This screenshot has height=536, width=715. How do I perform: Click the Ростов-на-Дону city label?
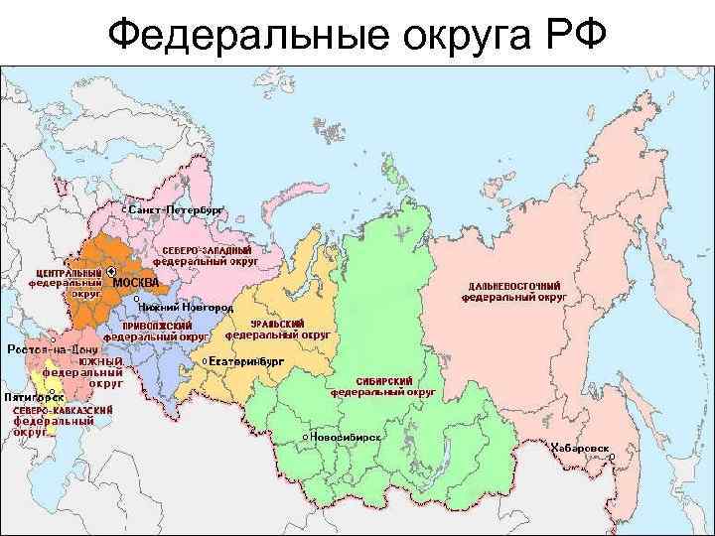point(54,349)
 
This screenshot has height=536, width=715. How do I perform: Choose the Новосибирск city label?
point(347,436)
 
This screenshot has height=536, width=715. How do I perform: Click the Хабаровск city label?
point(580,447)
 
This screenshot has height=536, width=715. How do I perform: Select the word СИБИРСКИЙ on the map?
point(382,381)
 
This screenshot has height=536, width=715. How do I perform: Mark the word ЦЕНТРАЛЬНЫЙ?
point(69,272)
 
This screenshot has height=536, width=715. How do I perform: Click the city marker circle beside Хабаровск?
point(612,457)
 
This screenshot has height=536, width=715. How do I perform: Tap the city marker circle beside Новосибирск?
point(304,436)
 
